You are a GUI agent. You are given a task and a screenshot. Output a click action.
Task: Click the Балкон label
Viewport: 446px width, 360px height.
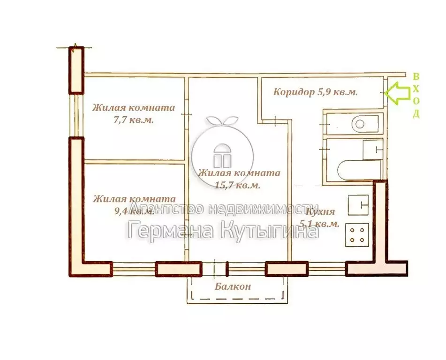233,286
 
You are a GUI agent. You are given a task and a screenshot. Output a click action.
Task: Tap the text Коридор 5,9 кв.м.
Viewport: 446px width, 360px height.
316,92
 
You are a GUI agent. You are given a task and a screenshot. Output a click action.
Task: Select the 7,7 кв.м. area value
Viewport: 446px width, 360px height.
134,120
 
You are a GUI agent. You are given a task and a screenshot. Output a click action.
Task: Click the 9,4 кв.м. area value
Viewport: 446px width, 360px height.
134,211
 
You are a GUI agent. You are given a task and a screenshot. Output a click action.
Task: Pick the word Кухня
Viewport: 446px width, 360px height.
320,211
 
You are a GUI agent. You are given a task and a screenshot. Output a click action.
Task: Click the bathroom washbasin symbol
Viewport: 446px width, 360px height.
372,150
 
